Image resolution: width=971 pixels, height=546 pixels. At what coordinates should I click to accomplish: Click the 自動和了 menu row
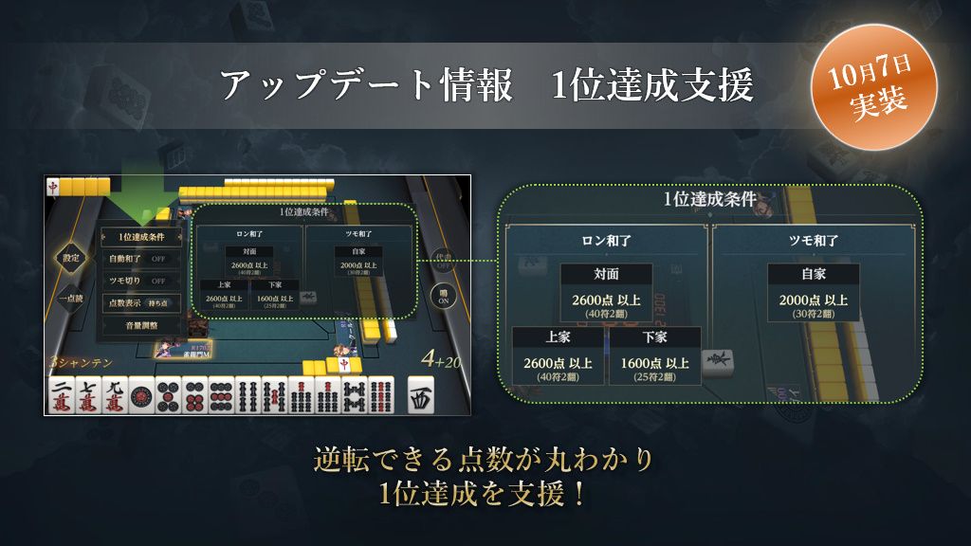[x=141, y=258]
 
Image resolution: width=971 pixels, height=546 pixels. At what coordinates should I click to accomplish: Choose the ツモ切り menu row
[x=141, y=281]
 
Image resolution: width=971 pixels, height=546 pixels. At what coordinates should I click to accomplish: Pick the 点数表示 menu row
[x=141, y=302]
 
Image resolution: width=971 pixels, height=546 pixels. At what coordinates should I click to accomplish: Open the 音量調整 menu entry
[x=141, y=325]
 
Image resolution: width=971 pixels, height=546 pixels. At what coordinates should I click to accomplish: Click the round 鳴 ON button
[x=444, y=295]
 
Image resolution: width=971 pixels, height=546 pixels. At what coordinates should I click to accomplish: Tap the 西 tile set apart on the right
[x=421, y=395]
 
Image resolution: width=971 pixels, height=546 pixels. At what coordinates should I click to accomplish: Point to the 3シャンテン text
[x=82, y=362]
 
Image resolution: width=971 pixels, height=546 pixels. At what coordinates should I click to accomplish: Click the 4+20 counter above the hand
[x=442, y=360]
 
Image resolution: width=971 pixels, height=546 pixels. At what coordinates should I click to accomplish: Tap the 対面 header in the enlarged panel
[x=606, y=275]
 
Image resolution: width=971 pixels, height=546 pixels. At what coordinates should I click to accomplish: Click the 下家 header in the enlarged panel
[x=654, y=338]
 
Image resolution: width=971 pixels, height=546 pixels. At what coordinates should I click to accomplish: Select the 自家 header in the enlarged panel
[x=813, y=275]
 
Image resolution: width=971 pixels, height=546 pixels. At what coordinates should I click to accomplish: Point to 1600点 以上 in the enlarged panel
[x=654, y=362]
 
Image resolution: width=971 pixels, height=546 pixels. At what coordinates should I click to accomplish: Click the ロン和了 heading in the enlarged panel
[x=607, y=241]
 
